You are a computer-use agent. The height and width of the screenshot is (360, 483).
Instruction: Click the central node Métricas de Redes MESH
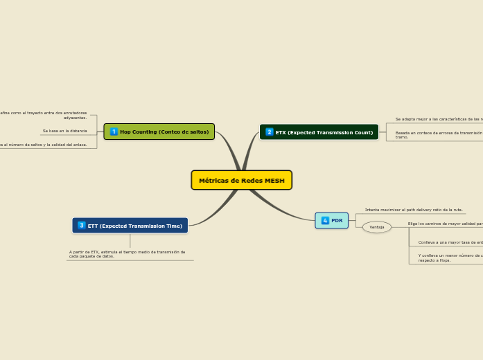(241, 180)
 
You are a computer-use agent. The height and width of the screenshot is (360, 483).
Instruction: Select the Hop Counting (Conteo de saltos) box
(159, 132)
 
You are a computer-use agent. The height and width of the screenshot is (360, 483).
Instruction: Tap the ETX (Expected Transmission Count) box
(319, 132)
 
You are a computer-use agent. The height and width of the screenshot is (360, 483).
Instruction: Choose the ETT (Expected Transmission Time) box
(130, 226)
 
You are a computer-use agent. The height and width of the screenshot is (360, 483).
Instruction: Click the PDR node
(332, 220)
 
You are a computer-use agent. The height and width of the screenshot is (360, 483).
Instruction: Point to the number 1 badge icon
(114, 132)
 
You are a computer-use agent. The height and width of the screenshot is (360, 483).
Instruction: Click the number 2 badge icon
(270, 132)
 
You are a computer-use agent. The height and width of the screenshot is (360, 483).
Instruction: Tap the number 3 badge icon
(82, 226)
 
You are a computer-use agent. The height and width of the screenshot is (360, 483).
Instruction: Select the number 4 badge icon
(325, 220)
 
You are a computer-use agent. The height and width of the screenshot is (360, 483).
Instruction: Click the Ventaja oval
(377, 227)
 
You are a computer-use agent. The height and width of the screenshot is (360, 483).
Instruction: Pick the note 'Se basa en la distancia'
(64, 131)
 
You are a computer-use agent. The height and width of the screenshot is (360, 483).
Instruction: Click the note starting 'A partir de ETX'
(128, 254)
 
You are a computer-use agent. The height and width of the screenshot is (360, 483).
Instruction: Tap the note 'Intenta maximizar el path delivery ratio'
(414, 210)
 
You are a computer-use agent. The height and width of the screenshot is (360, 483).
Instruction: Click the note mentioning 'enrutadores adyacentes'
(45, 115)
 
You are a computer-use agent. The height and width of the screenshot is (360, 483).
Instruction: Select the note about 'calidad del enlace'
(44, 145)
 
